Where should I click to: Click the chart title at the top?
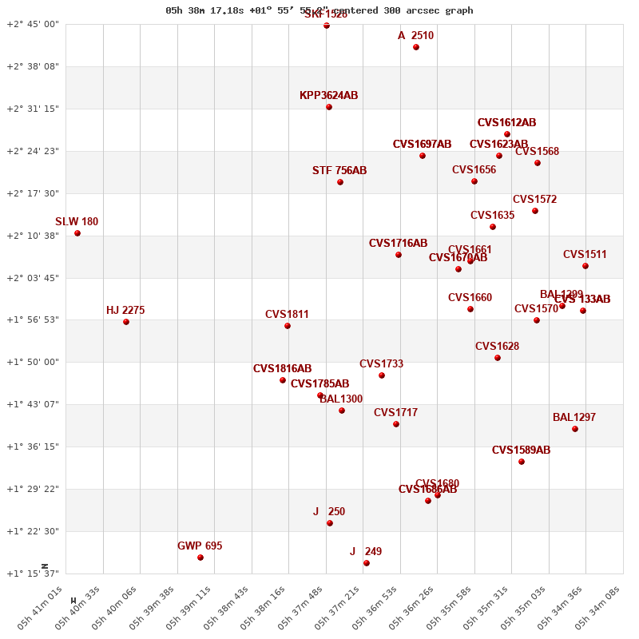pyautogui.click(x=319, y=10)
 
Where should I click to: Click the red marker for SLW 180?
pyautogui.click(x=77, y=233)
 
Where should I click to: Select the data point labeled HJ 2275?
pyautogui.click(x=126, y=322)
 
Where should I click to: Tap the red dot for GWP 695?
pyautogui.click(x=200, y=558)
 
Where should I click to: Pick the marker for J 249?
pyautogui.click(x=367, y=563)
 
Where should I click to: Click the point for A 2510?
pyautogui.click(x=416, y=47)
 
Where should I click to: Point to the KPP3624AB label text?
pyautogui.click(x=328, y=96)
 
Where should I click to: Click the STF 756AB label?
pyautogui.click(x=339, y=171)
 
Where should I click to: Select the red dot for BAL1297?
pyautogui.click(x=575, y=429)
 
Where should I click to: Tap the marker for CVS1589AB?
pyautogui.click(x=522, y=462)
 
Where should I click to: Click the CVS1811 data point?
pyautogui.click(x=288, y=326)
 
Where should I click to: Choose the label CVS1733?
pyautogui.click(x=381, y=364)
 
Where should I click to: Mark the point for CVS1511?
pyautogui.click(x=585, y=266)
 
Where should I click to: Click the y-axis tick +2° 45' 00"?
pyautogui.click(x=33, y=24)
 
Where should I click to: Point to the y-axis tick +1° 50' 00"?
pyautogui.click(x=33, y=362)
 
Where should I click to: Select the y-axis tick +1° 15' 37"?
pyautogui.click(x=33, y=574)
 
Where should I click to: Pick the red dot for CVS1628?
pyautogui.click(x=498, y=358)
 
